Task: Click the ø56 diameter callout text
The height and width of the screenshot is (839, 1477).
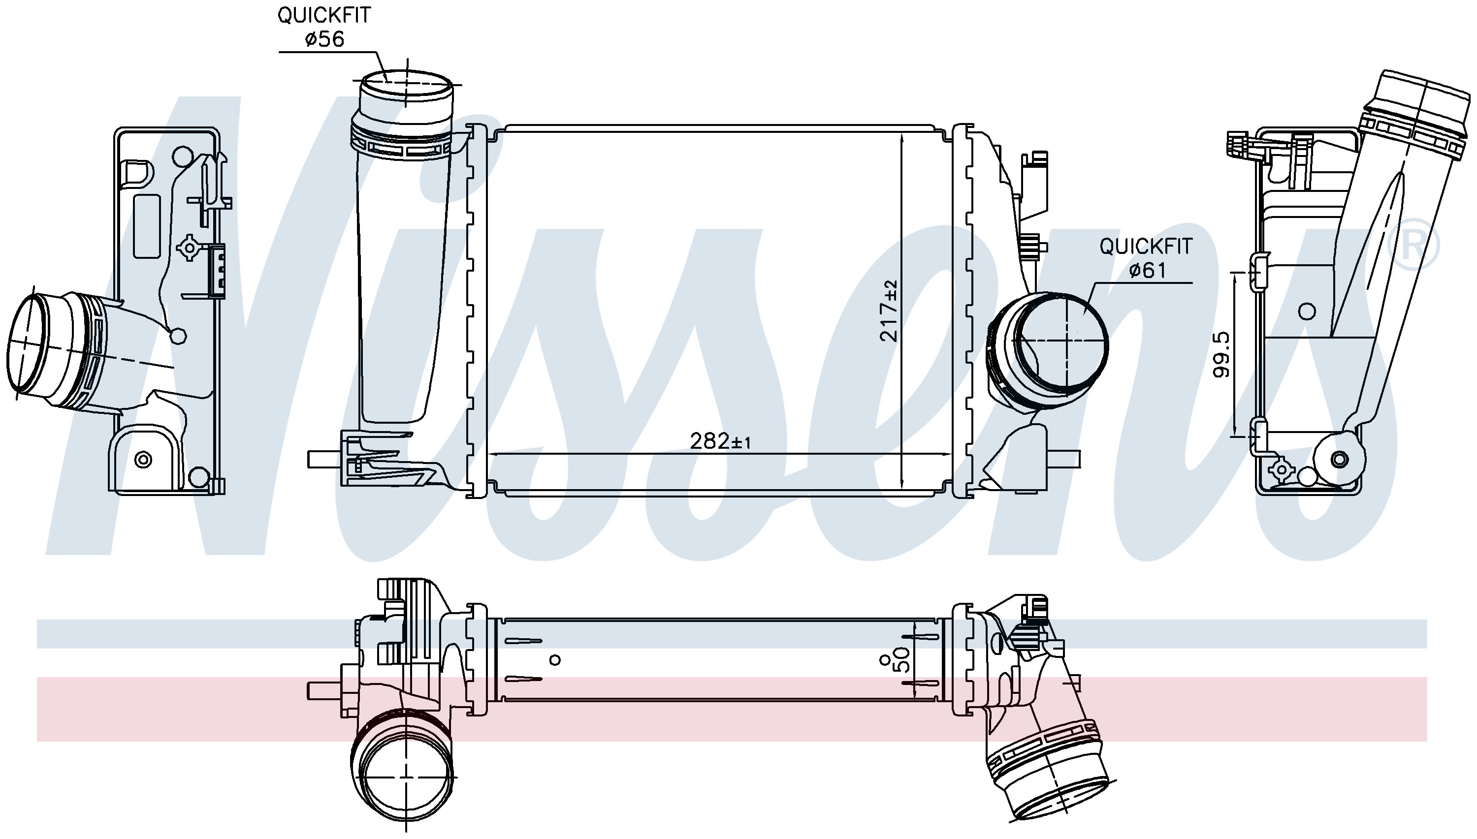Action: (x=324, y=39)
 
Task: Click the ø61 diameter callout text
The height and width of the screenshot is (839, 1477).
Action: (x=1147, y=270)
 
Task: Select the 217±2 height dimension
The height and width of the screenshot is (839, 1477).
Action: (x=889, y=311)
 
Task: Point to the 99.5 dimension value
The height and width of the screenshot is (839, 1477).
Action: (x=1221, y=354)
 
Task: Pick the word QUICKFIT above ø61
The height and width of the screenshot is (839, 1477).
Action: (x=1146, y=247)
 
